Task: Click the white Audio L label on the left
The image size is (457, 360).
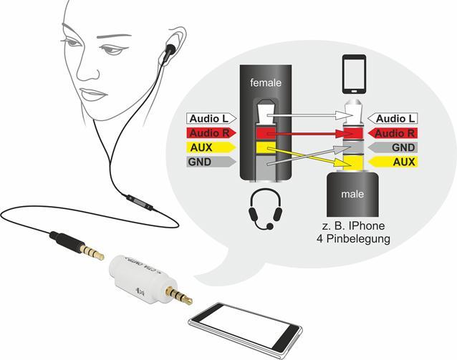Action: (x=209, y=118)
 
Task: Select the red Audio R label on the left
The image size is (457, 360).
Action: (x=209, y=132)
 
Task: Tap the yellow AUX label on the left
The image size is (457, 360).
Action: (x=206, y=147)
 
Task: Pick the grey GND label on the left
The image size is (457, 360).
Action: (x=206, y=162)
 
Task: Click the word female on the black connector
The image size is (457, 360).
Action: (x=266, y=83)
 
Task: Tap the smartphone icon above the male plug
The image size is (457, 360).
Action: (x=355, y=74)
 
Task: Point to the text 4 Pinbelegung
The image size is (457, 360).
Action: (x=355, y=239)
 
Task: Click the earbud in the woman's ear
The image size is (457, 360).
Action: (x=170, y=50)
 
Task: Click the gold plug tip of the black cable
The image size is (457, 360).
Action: (x=92, y=252)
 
